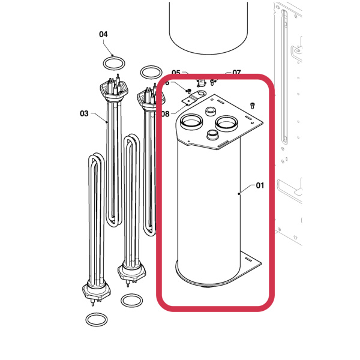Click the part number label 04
[103, 34]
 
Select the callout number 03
[84, 113]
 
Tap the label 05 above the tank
[176, 73]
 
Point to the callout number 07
[236, 73]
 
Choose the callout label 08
[165, 113]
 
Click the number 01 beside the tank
[260, 185]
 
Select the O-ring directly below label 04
[113, 62]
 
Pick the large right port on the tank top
[228, 123]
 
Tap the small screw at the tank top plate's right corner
[253, 106]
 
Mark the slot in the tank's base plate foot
[247, 259]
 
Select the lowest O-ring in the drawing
[96, 319]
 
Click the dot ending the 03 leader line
[107, 122]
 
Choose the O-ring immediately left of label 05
[151, 73]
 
